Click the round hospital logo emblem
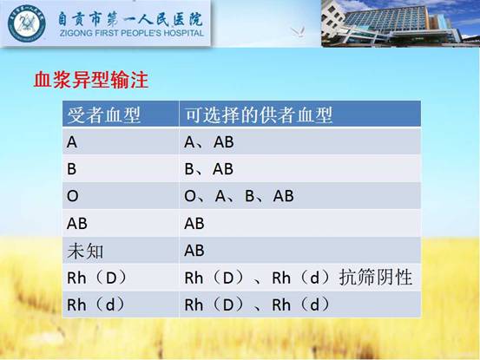[27, 23]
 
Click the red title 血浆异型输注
[91, 80]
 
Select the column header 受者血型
[104, 115]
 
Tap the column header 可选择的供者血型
[259, 115]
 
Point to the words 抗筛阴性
[376, 278]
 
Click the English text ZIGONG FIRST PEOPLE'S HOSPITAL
[132, 33]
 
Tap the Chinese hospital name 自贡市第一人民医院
[131, 18]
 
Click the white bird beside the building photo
[298, 32]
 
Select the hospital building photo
[400, 23]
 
